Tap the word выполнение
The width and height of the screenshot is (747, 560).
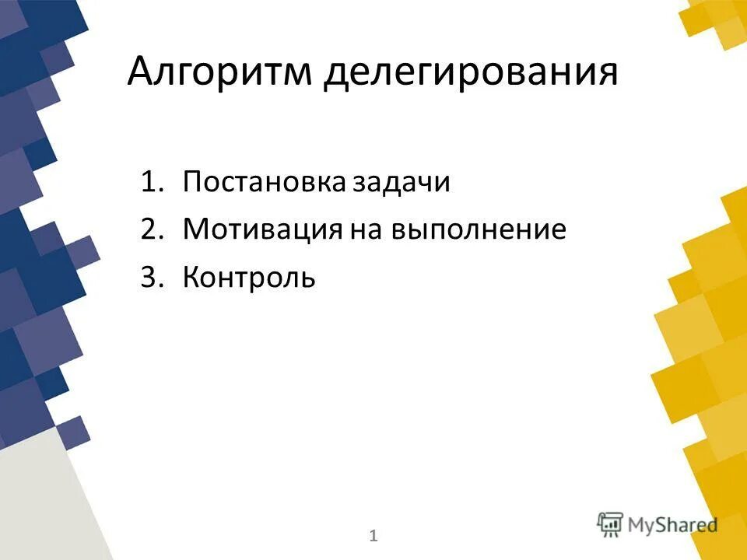(478, 231)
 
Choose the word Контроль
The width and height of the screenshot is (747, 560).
(249, 277)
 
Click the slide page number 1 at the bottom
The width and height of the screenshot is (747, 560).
(373, 535)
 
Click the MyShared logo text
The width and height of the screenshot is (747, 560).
(673, 524)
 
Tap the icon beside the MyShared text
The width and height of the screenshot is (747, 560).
(611, 524)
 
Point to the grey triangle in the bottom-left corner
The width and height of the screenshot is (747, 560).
(39, 506)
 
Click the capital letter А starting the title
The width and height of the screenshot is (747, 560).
(142, 72)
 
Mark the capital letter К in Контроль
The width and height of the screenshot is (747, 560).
(191, 277)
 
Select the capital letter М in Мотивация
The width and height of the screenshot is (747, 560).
(195, 229)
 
